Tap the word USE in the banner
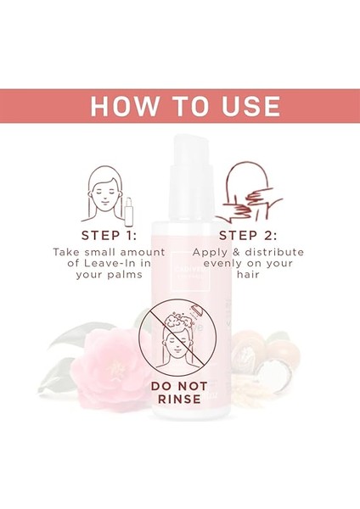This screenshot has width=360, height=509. pyautogui.click(x=247, y=106)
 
